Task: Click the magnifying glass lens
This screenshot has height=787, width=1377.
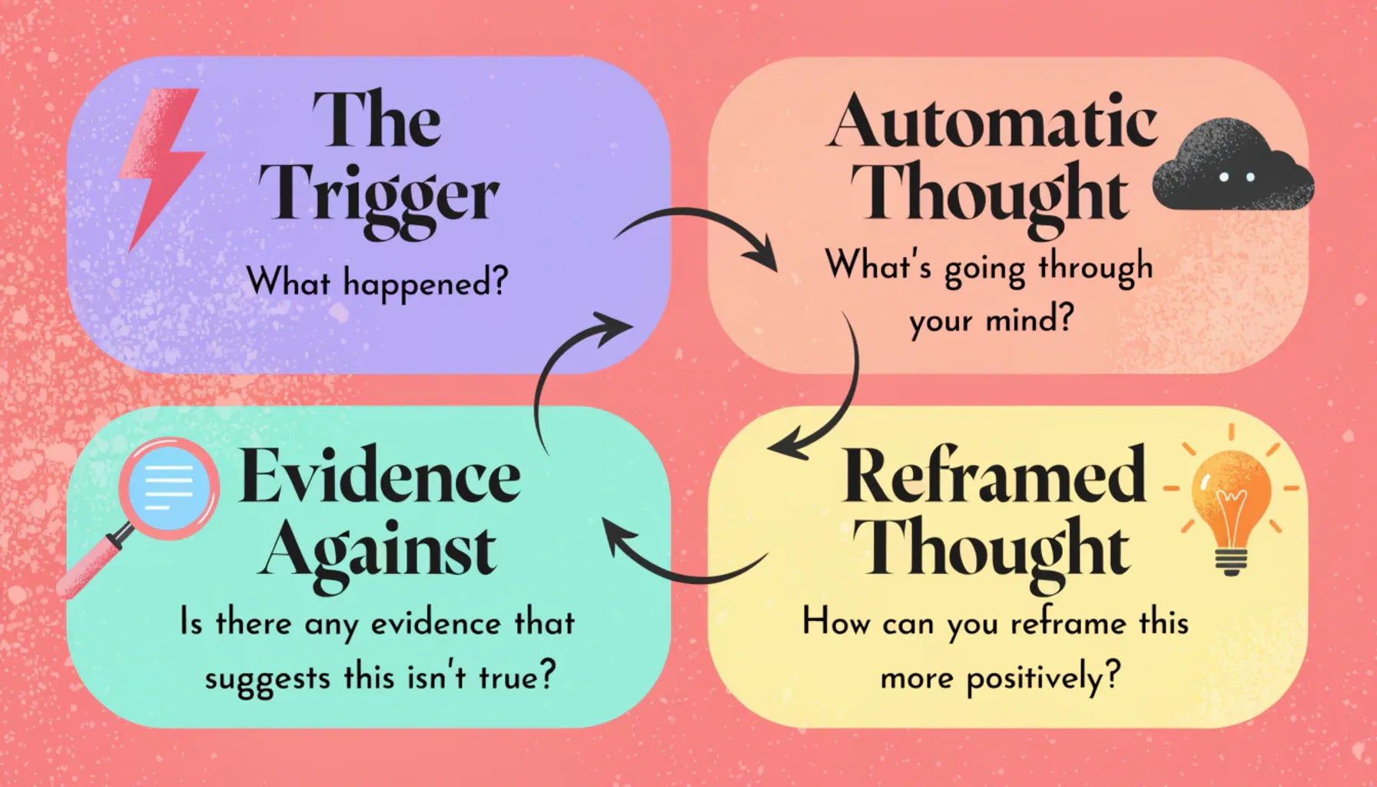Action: (169, 487)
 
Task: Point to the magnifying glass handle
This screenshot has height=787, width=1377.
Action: (91, 566)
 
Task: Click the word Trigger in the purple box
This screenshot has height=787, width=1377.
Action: (378, 197)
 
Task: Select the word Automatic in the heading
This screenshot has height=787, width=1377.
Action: (992, 123)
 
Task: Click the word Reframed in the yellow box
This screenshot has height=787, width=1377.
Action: (994, 477)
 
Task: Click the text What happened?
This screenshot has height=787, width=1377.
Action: (377, 282)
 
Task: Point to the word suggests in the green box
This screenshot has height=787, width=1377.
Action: (267, 679)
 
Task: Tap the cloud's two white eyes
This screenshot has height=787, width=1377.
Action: (1237, 178)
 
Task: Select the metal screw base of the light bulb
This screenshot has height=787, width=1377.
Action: (1230, 562)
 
